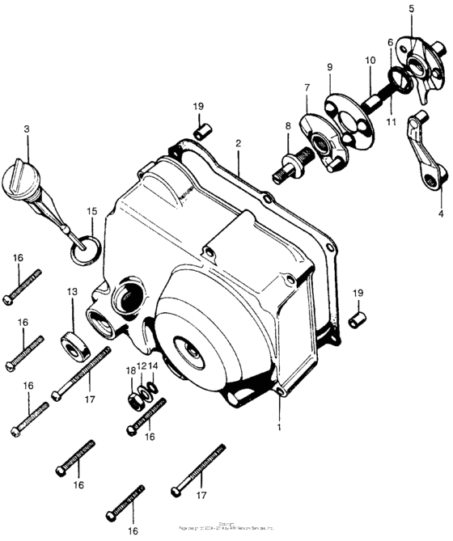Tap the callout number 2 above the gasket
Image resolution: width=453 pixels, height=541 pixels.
[x=238, y=144]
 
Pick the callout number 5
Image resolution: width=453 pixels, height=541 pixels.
[x=411, y=8]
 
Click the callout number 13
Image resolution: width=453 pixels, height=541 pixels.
[x=72, y=291]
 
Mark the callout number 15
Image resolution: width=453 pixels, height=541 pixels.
[x=92, y=211]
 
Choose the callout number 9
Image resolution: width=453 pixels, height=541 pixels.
[x=329, y=68]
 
